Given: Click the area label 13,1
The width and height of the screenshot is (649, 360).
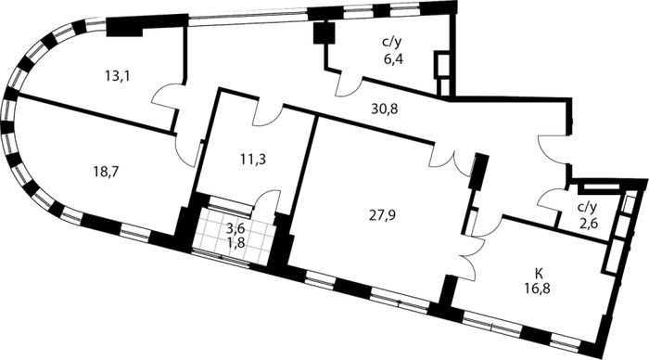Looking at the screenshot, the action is click(x=118, y=76).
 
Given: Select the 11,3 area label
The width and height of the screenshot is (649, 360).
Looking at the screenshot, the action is click(x=253, y=159).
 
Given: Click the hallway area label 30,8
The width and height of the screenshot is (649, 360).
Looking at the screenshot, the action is click(x=385, y=109).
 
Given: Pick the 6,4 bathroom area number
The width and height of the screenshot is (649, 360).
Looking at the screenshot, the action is click(x=393, y=58).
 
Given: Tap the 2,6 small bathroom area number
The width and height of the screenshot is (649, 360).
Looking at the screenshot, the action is click(x=588, y=225).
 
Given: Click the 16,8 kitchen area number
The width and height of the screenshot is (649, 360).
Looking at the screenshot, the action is click(x=538, y=287).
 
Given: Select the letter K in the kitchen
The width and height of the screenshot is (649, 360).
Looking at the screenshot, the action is click(x=539, y=273).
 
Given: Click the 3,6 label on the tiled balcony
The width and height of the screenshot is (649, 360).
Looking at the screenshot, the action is click(x=235, y=228).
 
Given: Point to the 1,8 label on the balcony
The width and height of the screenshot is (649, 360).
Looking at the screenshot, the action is click(x=235, y=242).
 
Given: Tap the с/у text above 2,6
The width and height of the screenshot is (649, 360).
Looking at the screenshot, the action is click(x=588, y=207).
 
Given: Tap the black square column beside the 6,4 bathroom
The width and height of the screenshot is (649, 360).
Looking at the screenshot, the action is click(x=324, y=33).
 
